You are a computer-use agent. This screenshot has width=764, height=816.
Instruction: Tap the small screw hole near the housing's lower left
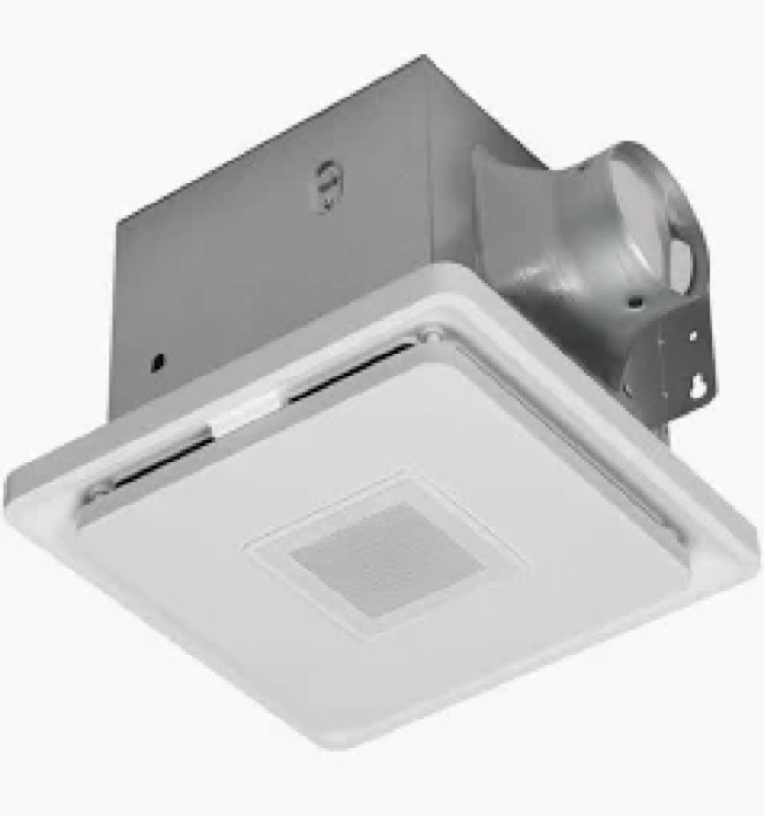coord(159,361)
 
